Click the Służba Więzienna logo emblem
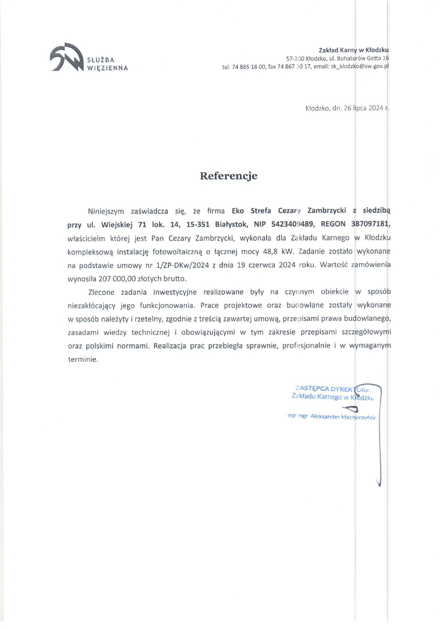pyautogui.click(x=66, y=57)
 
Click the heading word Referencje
pyautogui.click(x=229, y=176)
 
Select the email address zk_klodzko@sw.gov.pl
pyautogui.click(x=360, y=66)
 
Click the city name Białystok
pyautogui.click(x=231, y=224)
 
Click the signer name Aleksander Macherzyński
pyautogui.click(x=343, y=417)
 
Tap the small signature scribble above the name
pyautogui.click(x=350, y=408)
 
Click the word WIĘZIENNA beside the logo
pyautogui.click(x=107, y=68)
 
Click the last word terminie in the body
pyautogui.click(x=83, y=359)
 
